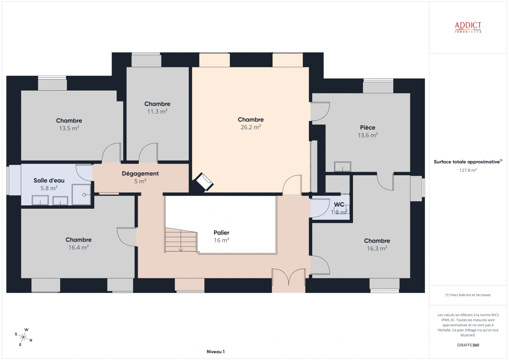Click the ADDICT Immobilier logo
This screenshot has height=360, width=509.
pyautogui.click(x=468, y=27)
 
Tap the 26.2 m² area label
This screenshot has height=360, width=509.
pyautogui.click(x=250, y=127)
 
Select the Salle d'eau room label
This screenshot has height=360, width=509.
pyautogui.click(x=49, y=180)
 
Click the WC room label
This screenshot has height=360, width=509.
pyautogui.click(x=339, y=205)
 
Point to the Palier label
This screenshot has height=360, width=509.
pyautogui.click(x=221, y=233)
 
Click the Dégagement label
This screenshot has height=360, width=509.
pyautogui.click(x=140, y=174)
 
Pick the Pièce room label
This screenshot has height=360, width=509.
pyautogui.click(x=368, y=128)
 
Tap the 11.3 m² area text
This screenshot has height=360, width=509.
pyautogui.click(x=157, y=112)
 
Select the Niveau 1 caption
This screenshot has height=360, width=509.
pyautogui.click(x=215, y=352)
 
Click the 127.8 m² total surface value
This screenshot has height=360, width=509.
pyautogui.click(x=468, y=170)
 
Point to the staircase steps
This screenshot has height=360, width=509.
pyautogui.click(x=181, y=240)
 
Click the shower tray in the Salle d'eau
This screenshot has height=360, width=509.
pyautogui.click(x=81, y=195)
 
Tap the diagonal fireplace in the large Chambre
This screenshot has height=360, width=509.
pyautogui.click(x=204, y=182)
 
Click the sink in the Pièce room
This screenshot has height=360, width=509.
pyautogui.click(x=343, y=167)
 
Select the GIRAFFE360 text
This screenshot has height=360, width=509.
pyautogui.click(x=468, y=345)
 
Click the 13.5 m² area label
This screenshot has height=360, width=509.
pyautogui.click(x=69, y=128)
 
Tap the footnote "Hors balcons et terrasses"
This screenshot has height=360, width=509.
pyautogui.click(x=468, y=295)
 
